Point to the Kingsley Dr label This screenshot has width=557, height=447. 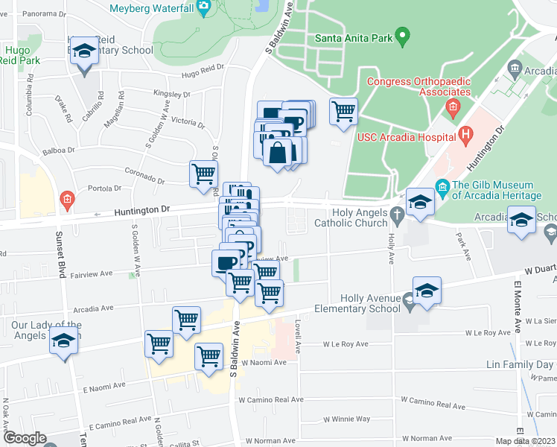point(172,94)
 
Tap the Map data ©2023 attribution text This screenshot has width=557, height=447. point(525,441)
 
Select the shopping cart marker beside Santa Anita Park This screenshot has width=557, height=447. point(343,112)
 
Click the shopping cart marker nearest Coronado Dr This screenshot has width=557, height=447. point(203,174)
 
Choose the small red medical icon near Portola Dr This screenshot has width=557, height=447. point(67,199)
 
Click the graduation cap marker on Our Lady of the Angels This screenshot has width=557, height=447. point(64,341)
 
